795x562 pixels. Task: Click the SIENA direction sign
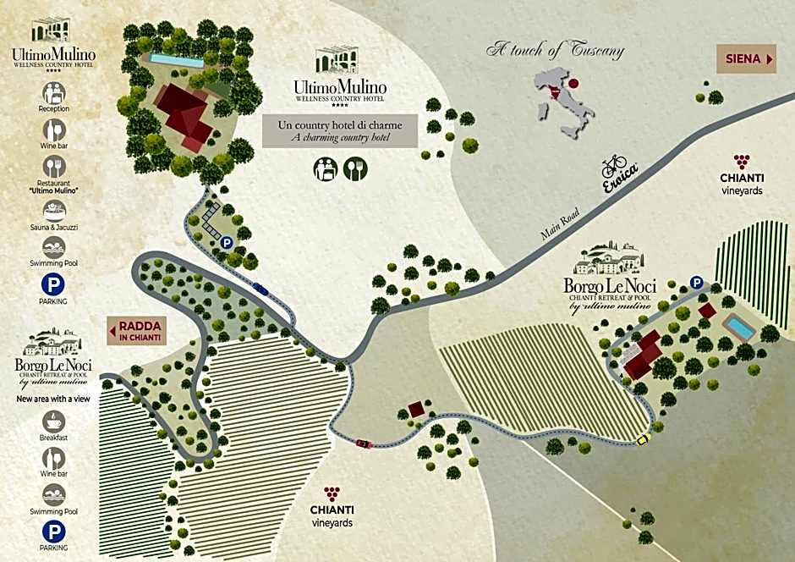coord(747,59)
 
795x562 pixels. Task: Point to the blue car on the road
coord(260,289)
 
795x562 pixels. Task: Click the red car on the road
coord(364,443)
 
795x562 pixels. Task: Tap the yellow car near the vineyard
coord(642,439)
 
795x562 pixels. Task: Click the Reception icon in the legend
coord(54,92)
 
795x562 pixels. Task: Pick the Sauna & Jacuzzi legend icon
coord(54,210)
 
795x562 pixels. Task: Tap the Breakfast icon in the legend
coord(54,421)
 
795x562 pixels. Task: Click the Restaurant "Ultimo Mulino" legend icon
coord(54,168)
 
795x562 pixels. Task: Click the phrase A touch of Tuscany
coord(555,50)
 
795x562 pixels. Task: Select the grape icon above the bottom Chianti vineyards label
coord(332,493)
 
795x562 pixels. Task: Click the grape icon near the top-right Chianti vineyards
coord(742,161)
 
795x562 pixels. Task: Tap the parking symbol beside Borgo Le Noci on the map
coord(696,283)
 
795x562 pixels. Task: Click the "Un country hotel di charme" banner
coord(340,130)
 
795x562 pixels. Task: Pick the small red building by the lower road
coord(416,410)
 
